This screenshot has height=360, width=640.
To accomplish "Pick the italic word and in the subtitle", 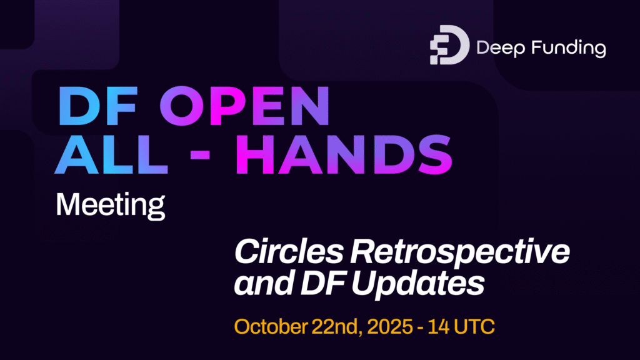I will (x=259, y=284).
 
